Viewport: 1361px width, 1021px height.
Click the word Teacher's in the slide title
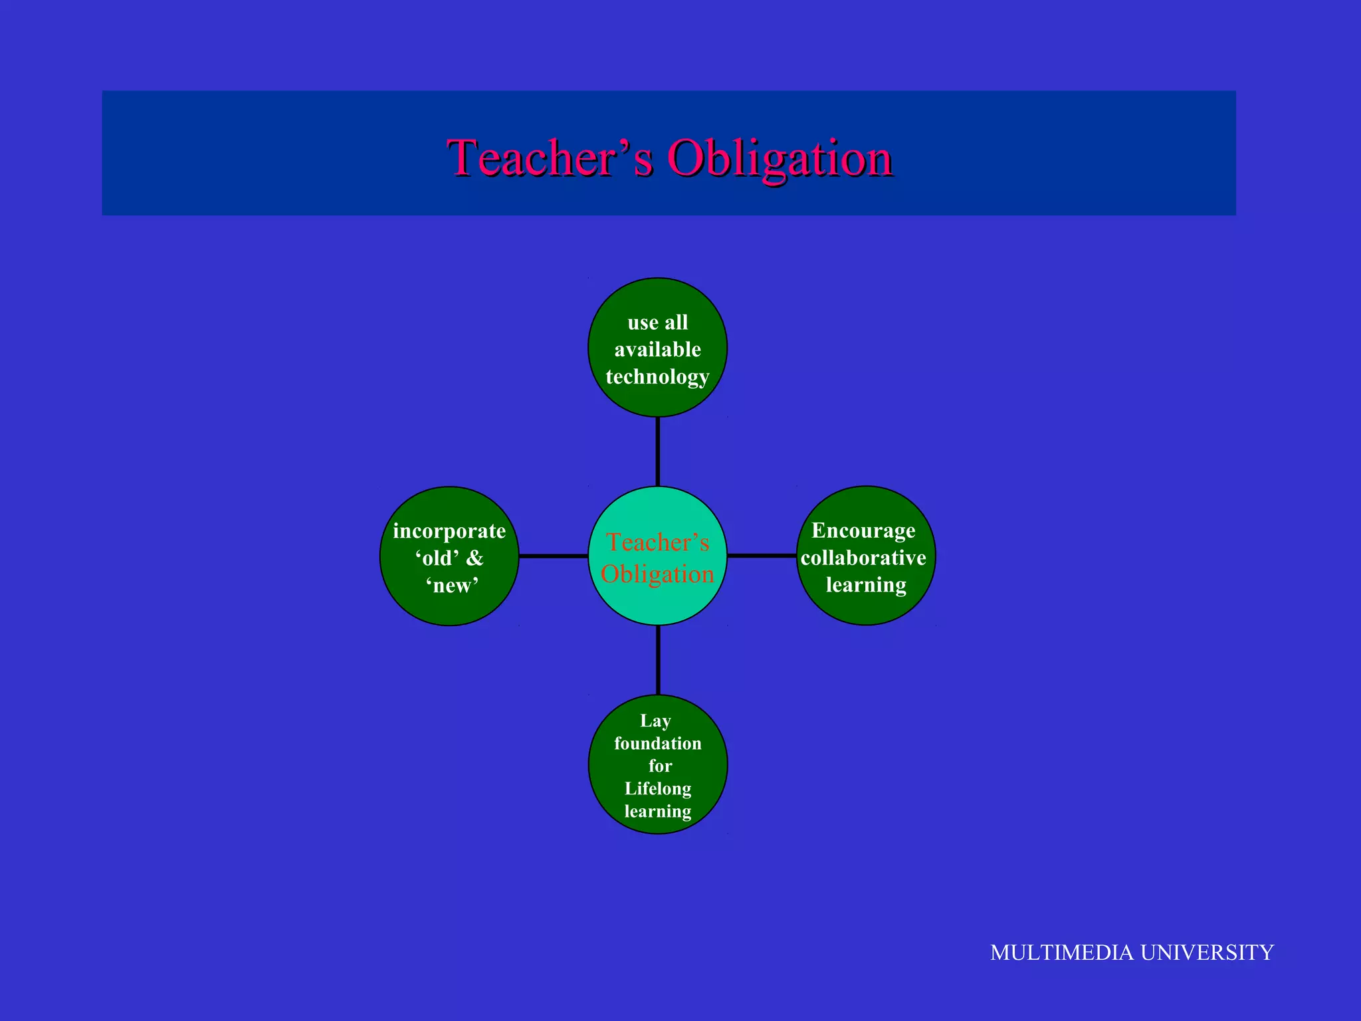click(x=550, y=158)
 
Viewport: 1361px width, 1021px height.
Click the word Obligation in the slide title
click(x=780, y=158)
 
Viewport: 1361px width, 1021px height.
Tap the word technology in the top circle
click(x=657, y=377)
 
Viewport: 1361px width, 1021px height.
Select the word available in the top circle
click(x=657, y=350)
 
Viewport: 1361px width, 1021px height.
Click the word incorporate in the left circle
click(x=449, y=531)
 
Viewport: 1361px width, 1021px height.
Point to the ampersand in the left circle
click(x=474, y=558)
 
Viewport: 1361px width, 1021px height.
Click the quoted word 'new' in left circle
click(x=452, y=586)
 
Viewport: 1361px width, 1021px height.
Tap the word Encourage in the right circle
click(x=863, y=530)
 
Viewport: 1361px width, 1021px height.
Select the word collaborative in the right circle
click(x=863, y=558)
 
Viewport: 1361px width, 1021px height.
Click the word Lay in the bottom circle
click(x=655, y=721)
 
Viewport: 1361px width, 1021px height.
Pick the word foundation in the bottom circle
click(x=657, y=743)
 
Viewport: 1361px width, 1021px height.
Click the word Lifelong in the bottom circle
click(x=657, y=789)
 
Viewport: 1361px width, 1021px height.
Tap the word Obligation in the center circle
click(x=657, y=574)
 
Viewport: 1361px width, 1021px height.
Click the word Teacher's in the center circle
click(x=657, y=542)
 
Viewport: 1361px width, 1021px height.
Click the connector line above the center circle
click(x=657, y=452)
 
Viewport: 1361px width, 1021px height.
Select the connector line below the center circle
click(x=658, y=660)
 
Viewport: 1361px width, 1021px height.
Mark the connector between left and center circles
click(x=553, y=556)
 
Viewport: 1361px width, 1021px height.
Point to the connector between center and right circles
click(x=762, y=555)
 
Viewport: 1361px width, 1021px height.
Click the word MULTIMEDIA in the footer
click(x=1061, y=953)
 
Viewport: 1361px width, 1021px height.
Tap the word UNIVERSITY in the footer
click(x=1207, y=953)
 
